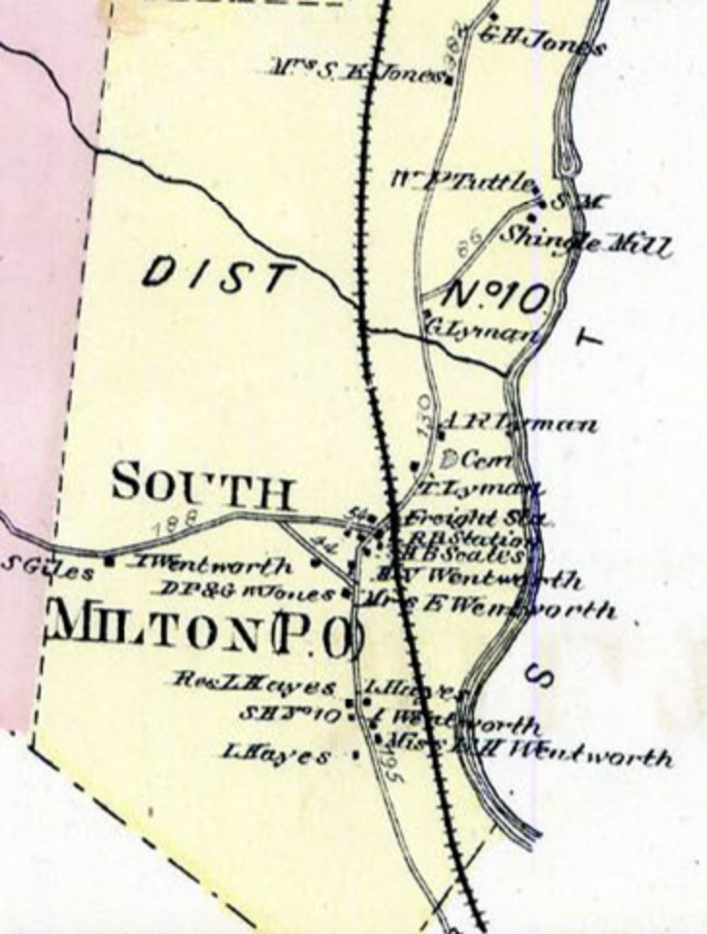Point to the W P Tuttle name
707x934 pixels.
[x=464, y=181]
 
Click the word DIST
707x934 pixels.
[x=216, y=275]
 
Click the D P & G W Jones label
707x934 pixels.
[x=246, y=590]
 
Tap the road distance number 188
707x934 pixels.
[x=180, y=521]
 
